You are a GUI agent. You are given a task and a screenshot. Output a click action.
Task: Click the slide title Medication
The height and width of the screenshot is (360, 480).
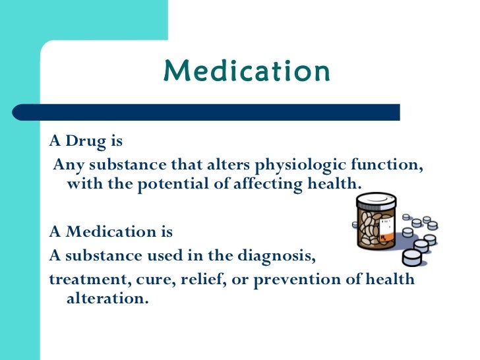(247, 72)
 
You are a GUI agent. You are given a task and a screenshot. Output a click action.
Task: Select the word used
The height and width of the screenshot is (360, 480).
(160, 255)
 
